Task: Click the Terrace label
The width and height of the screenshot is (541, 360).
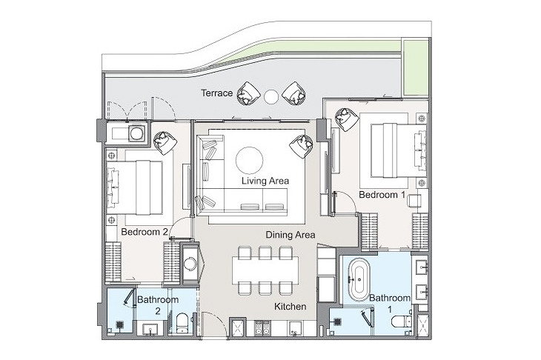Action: tap(216, 93)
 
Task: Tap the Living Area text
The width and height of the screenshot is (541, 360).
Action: tap(265, 181)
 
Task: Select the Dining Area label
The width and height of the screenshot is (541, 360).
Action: tap(291, 235)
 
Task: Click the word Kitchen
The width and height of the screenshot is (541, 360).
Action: tap(291, 306)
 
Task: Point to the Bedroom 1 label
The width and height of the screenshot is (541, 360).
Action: tap(382, 195)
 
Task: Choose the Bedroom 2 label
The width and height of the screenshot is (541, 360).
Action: tap(145, 232)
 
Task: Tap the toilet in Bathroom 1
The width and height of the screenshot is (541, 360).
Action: tap(402, 321)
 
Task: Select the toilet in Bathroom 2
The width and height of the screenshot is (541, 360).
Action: tap(181, 324)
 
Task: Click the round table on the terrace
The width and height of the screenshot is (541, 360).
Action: tap(271, 96)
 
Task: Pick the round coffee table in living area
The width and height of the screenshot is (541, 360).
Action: tap(250, 160)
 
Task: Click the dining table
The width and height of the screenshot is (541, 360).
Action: tap(265, 270)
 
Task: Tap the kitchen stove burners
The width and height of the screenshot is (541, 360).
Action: tap(262, 328)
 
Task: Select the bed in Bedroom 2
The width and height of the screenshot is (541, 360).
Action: tap(135, 187)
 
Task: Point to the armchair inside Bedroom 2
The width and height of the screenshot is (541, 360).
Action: tap(165, 143)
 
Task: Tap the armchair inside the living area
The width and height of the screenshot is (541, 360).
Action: tap(301, 146)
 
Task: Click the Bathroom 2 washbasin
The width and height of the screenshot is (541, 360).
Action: tap(150, 329)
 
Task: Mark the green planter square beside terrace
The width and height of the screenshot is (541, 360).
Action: tap(416, 68)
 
